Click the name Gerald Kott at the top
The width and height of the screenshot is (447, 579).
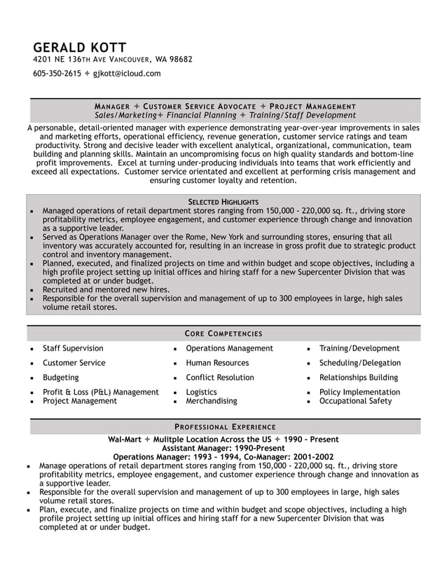79,46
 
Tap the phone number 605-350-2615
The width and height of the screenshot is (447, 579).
57,73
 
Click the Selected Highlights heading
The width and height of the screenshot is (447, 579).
224,201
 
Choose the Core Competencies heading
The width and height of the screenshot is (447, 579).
224,333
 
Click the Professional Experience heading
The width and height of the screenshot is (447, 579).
224,426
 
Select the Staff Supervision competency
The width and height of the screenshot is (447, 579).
73,348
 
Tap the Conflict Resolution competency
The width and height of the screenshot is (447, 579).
219,377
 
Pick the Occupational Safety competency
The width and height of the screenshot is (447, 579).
355,401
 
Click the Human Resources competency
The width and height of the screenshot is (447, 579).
217,363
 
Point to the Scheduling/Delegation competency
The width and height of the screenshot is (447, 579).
359,363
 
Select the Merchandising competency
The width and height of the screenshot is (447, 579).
211,401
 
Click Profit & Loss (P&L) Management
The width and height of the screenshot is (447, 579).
100,392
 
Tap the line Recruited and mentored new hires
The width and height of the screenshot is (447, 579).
106,289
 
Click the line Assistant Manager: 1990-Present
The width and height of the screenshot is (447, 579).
224,448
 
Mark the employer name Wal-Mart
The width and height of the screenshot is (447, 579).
123,440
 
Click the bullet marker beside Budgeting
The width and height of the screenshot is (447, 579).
32,378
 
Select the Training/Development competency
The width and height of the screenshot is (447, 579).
359,348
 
